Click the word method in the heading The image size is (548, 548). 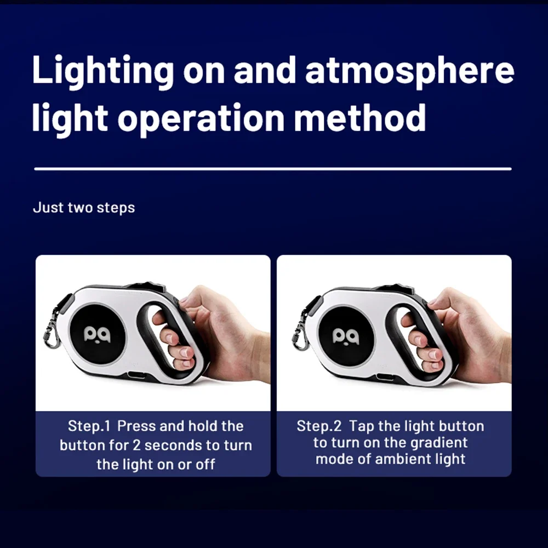click(x=360, y=117)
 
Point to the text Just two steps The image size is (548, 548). click(x=84, y=208)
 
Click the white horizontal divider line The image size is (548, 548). click(x=273, y=169)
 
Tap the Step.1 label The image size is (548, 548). click(x=89, y=426)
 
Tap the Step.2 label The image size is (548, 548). click(x=319, y=426)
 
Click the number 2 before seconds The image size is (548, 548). click(x=136, y=445)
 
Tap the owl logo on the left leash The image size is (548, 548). click(x=97, y=334)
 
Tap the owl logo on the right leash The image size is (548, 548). click(x=346, y=336)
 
